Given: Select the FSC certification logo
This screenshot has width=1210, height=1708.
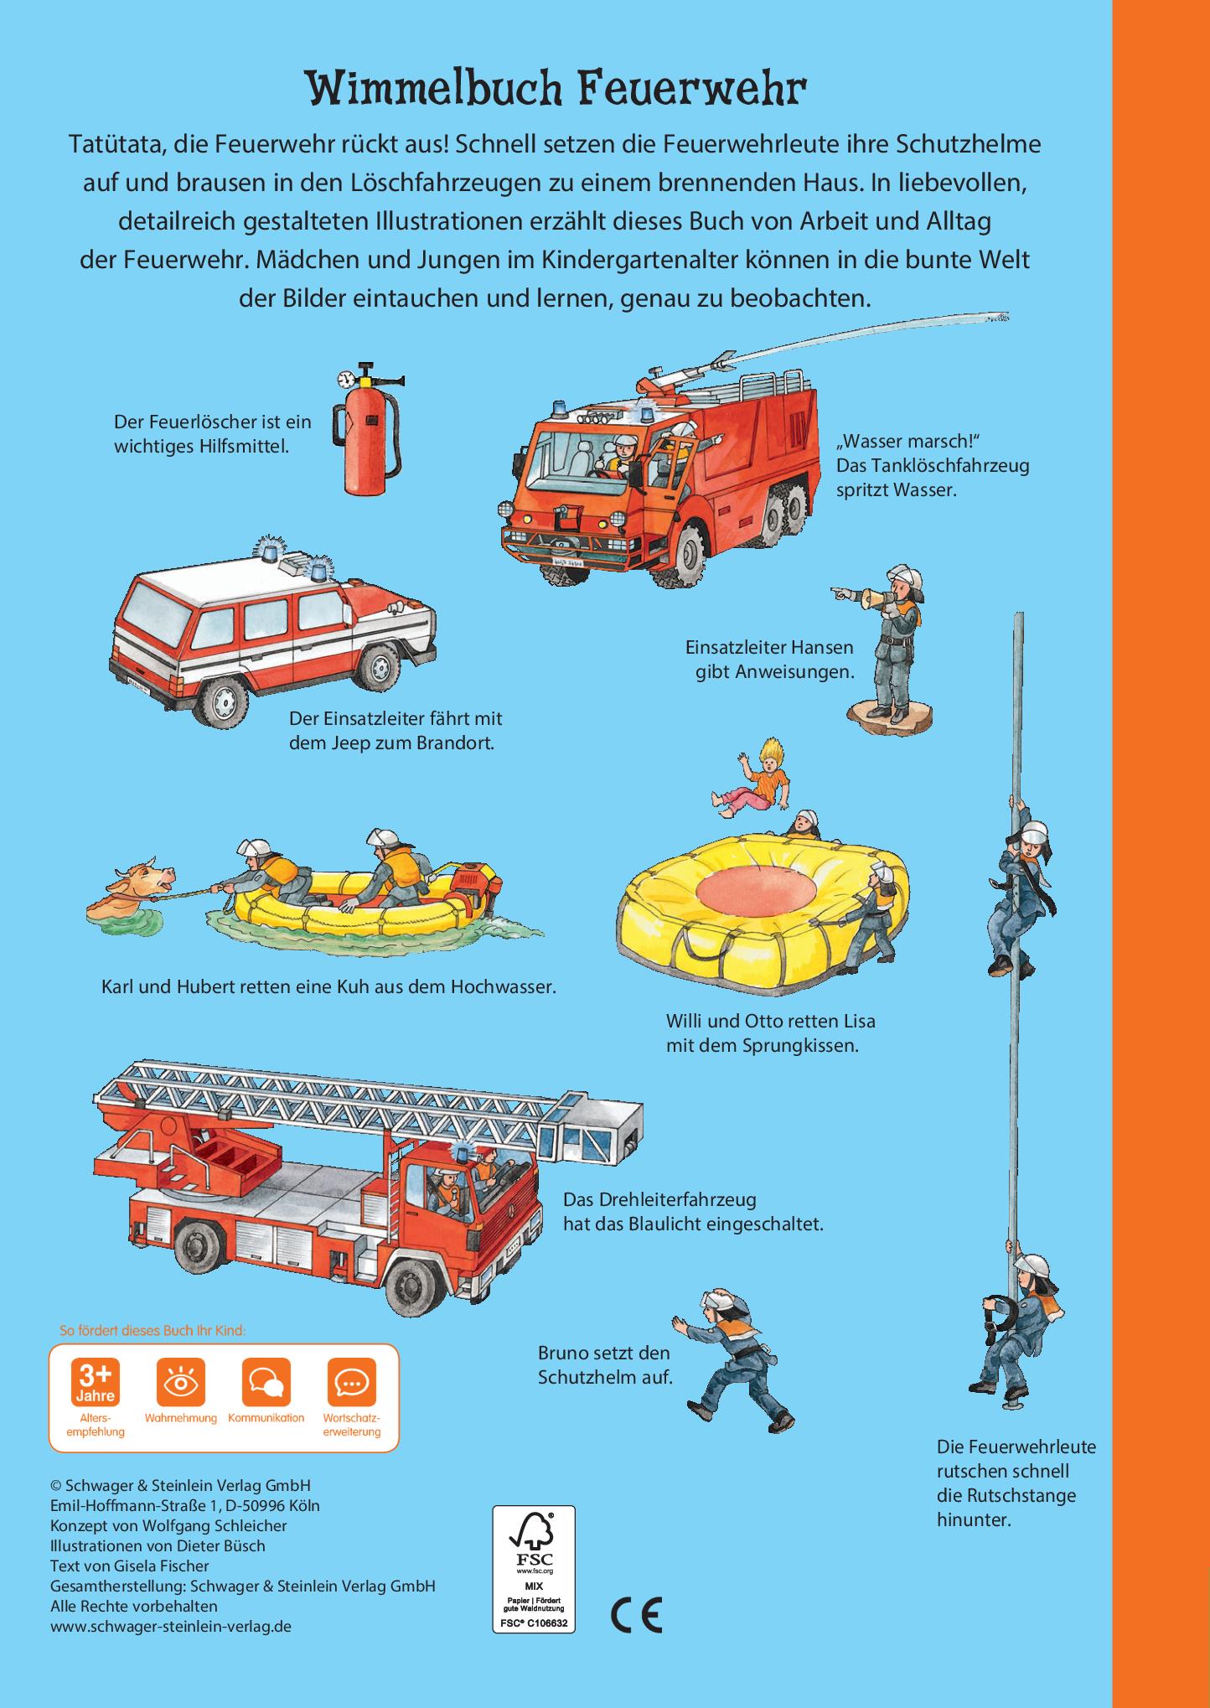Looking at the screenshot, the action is [x=533, y=1568].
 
